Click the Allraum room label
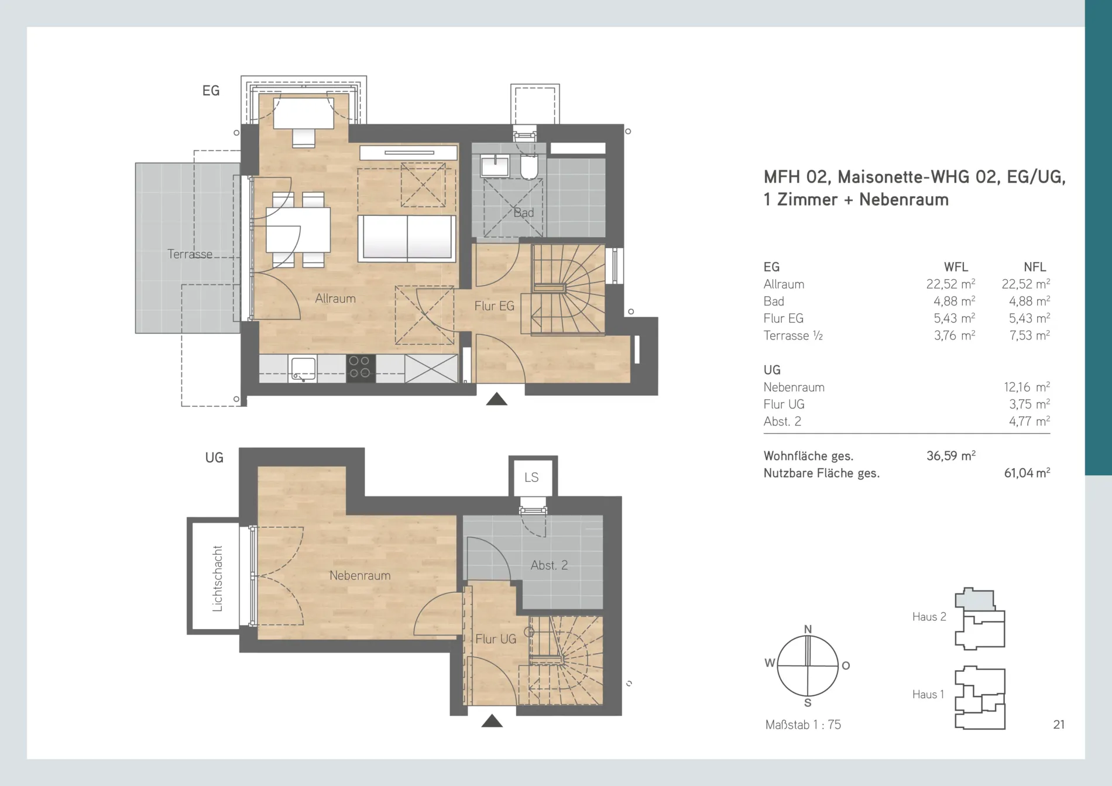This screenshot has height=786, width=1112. point(335,298)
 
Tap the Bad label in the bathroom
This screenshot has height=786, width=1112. point(523,212)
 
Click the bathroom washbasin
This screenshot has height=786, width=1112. point(495,166)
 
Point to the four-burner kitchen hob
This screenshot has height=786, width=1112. point(361,368)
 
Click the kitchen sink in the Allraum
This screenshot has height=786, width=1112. point(303,369)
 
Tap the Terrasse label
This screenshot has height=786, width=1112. point(190,254)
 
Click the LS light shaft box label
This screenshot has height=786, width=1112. point(531,478)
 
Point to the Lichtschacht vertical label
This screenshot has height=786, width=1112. point(217,579)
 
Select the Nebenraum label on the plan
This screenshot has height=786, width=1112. point(360,576)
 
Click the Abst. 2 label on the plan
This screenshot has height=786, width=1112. point(549,565)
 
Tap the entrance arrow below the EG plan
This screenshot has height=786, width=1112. point(497,399)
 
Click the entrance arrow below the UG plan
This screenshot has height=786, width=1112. point(492,721)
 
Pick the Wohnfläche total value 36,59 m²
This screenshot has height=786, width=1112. point(951,456)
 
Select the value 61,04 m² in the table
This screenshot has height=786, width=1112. point(1027,473)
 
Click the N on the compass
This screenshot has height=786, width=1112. point(808,629)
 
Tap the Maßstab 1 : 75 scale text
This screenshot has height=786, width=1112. point(803,725)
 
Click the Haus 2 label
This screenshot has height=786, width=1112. point(929,617)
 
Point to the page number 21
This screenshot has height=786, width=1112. point(1059,725)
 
